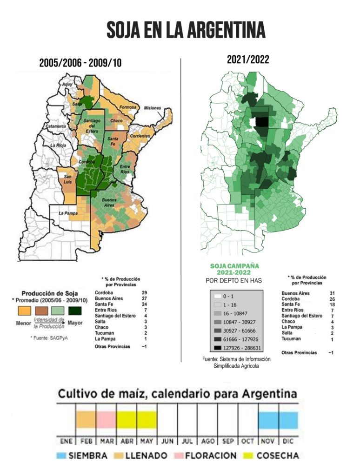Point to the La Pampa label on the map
tap(68, 213)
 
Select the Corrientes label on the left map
tap(140, 136)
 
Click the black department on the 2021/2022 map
tap(263, 122)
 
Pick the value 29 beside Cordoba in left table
tap(145, 292)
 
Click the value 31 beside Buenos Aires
tap(331, 293)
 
